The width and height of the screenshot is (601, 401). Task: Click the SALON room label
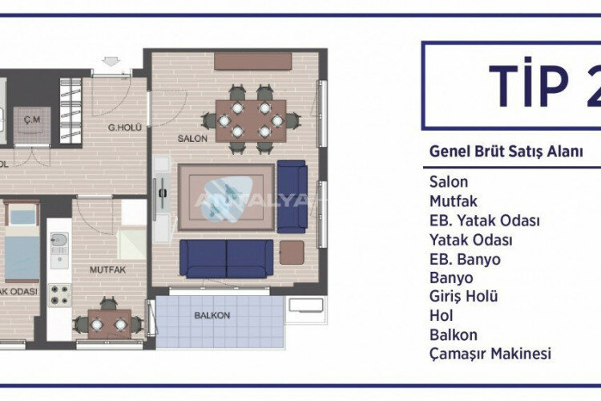click(193, 138)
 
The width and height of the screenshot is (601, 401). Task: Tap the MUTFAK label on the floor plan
click(106, 270)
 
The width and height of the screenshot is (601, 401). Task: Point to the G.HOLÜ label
click(126, 128)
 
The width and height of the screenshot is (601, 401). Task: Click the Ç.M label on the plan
click(32, 120)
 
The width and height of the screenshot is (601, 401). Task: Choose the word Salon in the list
click(449, 182)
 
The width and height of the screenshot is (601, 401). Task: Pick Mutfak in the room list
click(453, 201)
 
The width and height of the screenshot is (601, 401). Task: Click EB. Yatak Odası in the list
click(484, 221)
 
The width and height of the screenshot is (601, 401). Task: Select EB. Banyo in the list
click(465, 259)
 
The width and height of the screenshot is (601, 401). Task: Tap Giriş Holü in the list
click(464, 297)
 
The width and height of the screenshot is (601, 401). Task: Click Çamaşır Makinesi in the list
click(490, 354)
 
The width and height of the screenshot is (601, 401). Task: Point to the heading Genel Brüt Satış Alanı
click(506, 150)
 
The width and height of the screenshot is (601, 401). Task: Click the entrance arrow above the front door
click(111, 59)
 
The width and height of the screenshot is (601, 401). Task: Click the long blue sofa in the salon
click(227, 257)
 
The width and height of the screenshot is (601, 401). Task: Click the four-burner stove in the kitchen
click(59, 294)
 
